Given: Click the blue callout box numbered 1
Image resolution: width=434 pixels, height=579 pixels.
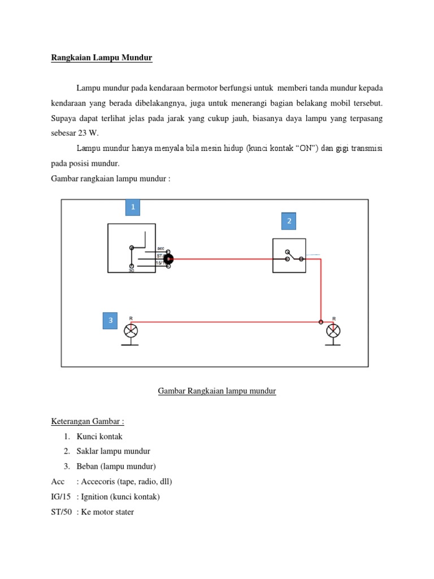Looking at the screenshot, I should point(132,208).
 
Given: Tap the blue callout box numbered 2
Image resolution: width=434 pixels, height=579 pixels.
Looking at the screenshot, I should point(289,221).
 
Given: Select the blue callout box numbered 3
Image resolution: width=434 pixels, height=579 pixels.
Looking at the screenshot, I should point(111,320).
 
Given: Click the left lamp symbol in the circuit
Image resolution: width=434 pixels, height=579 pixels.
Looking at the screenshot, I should point(131,331).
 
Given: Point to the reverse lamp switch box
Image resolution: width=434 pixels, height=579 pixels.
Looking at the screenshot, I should point(289,256).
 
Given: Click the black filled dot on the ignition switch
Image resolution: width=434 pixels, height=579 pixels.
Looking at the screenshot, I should point(168,259).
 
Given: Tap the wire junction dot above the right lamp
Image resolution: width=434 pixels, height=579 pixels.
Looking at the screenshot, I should point(321,322).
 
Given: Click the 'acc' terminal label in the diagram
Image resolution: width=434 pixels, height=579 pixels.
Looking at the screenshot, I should point(160,248).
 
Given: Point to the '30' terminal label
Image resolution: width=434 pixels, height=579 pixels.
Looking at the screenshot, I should point(131,271).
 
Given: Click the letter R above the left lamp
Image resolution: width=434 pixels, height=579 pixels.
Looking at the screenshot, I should point(131,318).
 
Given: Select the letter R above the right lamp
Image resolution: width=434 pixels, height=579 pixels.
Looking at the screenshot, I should point(334,318).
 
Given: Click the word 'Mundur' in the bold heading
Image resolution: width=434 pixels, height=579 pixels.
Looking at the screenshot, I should point(134,58).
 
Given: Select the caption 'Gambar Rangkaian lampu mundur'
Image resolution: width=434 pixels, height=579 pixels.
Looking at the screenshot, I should point(217,391).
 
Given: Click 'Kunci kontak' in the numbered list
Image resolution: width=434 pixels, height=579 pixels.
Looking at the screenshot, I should point(99,437).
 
